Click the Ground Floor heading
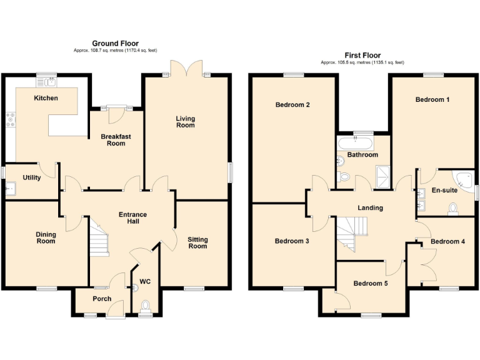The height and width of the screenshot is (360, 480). coord(115,43)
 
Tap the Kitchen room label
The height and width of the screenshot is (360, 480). coord(46,98)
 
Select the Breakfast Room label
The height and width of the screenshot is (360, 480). coord(116,139)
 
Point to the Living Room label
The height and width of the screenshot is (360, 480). coord(185,121)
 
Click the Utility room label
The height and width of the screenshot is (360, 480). coord(32,177)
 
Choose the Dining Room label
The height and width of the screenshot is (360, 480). coord(46,237)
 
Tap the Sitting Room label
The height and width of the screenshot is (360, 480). coord(197,242)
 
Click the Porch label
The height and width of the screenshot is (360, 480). coord(102,299)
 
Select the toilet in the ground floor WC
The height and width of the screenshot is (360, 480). coord(146,306)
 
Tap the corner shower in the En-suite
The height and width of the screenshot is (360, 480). coord(464,179)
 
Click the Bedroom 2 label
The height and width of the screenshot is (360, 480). coord(292,105)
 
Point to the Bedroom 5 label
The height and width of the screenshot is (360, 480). coord(370,283)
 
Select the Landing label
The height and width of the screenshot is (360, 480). coord(370,207)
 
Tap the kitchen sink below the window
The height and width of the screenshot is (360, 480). coord(47,81)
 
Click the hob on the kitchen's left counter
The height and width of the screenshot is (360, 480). coord(10,118)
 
